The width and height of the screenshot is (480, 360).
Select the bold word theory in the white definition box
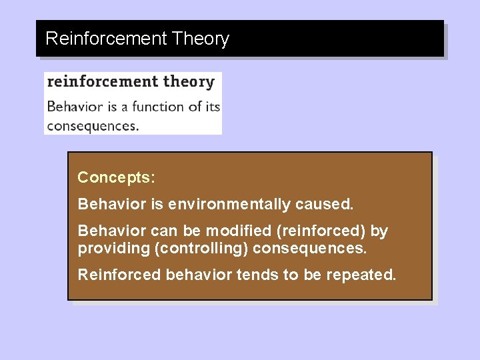(189, 82)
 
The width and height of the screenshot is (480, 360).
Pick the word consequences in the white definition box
(93, 125)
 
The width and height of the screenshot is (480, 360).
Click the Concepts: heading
(116, 177)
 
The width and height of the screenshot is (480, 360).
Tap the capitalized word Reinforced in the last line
(119, 275)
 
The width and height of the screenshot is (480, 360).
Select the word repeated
(361, 275)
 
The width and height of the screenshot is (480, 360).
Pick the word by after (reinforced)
(379, 231)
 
